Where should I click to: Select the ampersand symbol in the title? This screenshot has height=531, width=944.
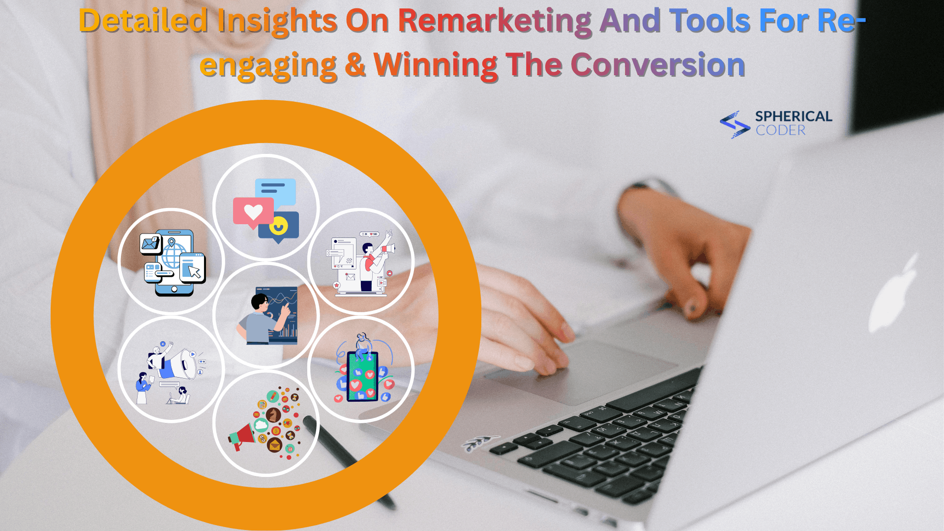pyautogui.click(x=355, y=65)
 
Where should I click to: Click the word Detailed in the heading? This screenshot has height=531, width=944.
pyautogui.click(x=143, y=22)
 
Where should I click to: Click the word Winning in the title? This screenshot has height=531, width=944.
pyautogui.click(x=436, y=65)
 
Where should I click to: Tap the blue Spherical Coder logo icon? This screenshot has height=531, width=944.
pyautogui.click(x=735, y=124)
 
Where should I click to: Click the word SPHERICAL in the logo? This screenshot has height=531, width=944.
pyautogui.click(x=794, y=117)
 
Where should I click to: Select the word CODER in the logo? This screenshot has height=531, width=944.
pyautogui.click(x=781, y=130)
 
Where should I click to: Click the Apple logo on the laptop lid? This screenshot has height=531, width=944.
pyautogui.click(x=892, y=295)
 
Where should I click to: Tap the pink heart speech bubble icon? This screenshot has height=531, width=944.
pyautogui.click(x=253, y=212)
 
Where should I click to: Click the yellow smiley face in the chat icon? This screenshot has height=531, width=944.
pyautogui.click(x=278, y=226)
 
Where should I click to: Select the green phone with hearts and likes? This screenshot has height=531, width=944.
pyautogui.click(x=362, y=376)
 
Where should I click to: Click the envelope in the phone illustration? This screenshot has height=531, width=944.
pyautogui.click(x=150, y=243)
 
